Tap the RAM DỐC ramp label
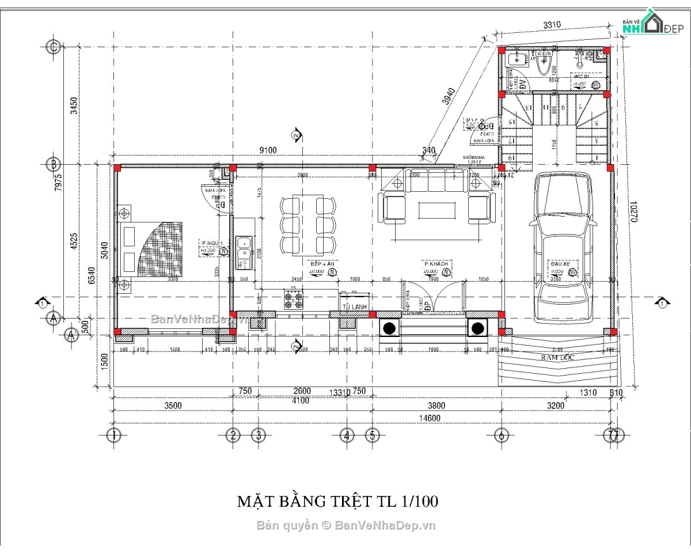click(557, 358)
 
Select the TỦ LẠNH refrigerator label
click(354, 307)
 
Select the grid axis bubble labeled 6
click(501, 435)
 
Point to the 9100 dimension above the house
click(268, 150)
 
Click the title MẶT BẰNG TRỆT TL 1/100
click(338, 501)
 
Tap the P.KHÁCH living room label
click(436, 264)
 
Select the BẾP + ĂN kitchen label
click(322, 264)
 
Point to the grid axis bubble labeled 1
click(115, 435)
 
